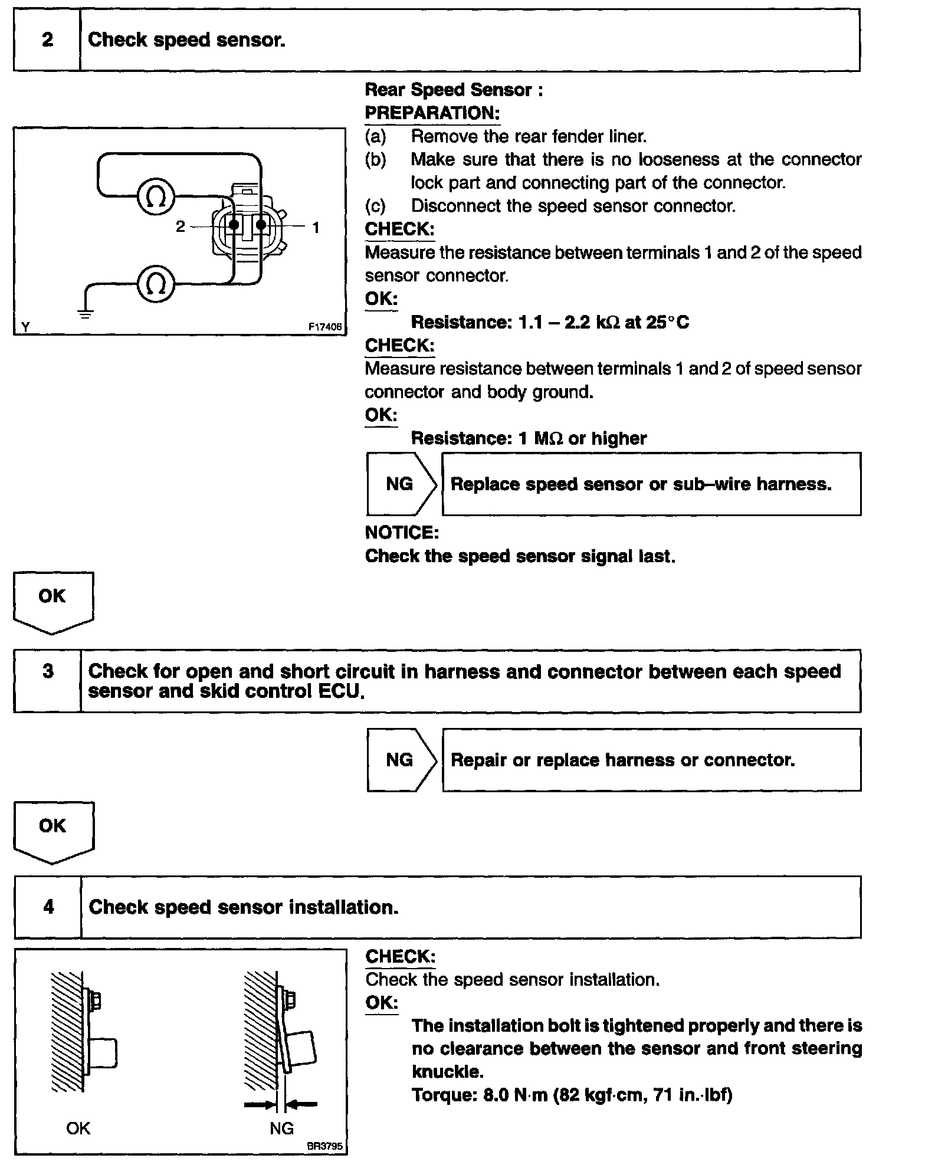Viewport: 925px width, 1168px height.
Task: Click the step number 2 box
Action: coord(47,40)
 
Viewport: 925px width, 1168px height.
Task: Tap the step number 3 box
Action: coord(48,680)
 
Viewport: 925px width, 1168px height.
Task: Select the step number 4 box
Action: coord(48,906)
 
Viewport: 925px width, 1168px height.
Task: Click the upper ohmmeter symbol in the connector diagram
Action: coord(156,196)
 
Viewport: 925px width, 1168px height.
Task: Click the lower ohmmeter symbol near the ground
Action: coord(156,285)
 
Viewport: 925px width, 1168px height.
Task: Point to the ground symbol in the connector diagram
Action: coord(86,313)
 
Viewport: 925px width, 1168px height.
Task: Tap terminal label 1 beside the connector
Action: coord(316,227)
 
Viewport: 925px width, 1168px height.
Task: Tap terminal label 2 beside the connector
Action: coord(181,227)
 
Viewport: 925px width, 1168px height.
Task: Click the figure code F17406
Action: coord(324,327)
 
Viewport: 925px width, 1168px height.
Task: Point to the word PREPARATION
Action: coord(432,113)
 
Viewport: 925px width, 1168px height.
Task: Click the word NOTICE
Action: coord(402,533)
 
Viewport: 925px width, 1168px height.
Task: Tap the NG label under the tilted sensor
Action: coord(281,1128)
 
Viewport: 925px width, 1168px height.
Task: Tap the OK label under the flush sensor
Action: coord(78,1128)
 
